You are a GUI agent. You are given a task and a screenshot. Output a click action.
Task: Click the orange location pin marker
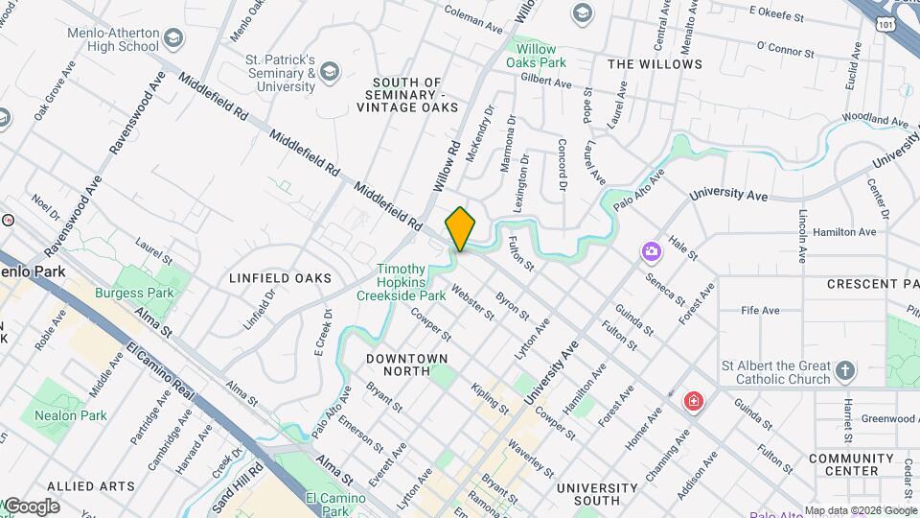click(x=460, y=228)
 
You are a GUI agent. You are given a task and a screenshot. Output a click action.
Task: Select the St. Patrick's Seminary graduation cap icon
click(x=330, y=71)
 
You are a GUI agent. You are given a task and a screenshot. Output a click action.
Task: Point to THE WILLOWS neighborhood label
click(x=655, y=64)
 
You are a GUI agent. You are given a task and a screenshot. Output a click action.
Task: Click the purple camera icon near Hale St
click(x=652, y=251)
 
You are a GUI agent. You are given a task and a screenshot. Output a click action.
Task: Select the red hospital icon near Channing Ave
click(x=693, y=400)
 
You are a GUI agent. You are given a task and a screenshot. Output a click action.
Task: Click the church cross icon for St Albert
click(x=845, y=370)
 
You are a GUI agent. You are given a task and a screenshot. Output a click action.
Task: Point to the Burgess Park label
click(x=133, y=293)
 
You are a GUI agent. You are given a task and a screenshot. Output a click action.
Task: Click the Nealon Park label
click(x=70, y=415)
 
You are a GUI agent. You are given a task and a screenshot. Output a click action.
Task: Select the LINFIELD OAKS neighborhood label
click(x=280, y=278)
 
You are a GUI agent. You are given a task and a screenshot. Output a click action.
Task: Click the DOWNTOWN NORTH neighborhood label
click(x=407, y=364)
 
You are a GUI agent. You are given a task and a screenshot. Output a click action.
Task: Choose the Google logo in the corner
click(x=32, y=506)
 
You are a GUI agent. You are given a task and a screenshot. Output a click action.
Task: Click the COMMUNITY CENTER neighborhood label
click(x=857, y=464)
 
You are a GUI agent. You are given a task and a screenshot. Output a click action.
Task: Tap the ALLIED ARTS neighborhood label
click(x=90, y=486)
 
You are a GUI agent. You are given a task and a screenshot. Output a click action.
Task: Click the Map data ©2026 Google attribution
click(x=860, y=510)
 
